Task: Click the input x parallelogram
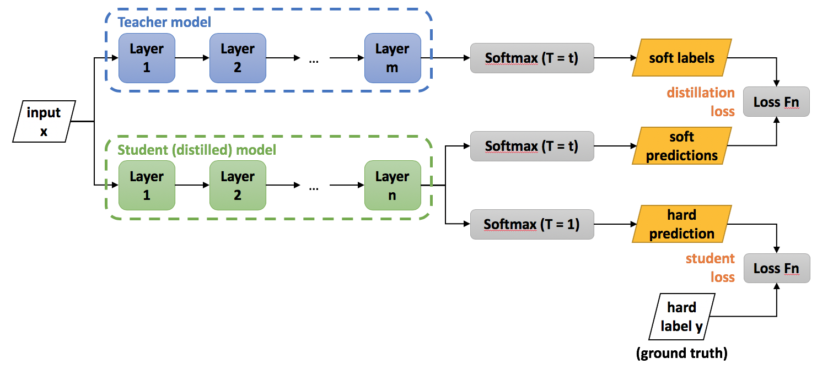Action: [44, 122]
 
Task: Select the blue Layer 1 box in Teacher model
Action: [147, 58]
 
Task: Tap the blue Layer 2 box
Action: [238, 58]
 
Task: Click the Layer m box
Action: [392, 58]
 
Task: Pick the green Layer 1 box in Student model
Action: [147, 186]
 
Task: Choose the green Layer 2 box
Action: [238, 186]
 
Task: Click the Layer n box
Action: [392, 186]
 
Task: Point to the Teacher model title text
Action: [164, 23]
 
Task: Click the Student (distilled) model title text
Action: [197, 149]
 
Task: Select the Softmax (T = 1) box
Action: [532, 224]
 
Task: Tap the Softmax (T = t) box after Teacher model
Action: [532, 58]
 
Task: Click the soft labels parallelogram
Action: [681, 58]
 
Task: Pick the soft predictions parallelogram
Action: [681, 146]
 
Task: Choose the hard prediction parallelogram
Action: [681, 224]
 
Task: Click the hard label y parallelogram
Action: [681, 316]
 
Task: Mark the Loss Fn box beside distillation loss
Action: [777, 102]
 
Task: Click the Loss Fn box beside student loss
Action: [777, 268]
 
